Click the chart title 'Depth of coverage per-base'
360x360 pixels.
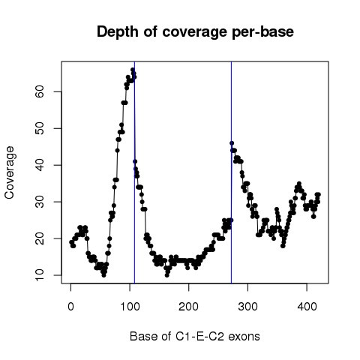pos(195,32)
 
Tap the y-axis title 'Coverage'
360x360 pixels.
pos(9,172)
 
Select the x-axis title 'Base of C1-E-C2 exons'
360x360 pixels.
pos(195,336)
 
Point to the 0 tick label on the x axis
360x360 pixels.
pos(70,306)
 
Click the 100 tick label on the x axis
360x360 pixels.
pos(130,306)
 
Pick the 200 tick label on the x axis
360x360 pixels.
pos(189,306)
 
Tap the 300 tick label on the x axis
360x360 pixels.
pos(247,306)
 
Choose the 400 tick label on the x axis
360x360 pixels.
pos(307,306)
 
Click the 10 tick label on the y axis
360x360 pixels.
pos(40,275)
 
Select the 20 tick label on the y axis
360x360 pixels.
pos(40,238)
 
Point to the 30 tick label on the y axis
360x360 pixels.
pos(40,202)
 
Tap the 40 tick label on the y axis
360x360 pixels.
pos(40,165)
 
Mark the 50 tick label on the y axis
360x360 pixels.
pos(40,128)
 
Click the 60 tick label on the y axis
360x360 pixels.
pos(40,91)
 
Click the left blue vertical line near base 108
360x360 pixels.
pos(134,172)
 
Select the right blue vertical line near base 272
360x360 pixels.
pos(231,172)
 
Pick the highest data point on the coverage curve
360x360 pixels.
pos(133,70)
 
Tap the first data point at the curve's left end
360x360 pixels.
pos(71,242)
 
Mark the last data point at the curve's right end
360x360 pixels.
pos(318,194)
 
